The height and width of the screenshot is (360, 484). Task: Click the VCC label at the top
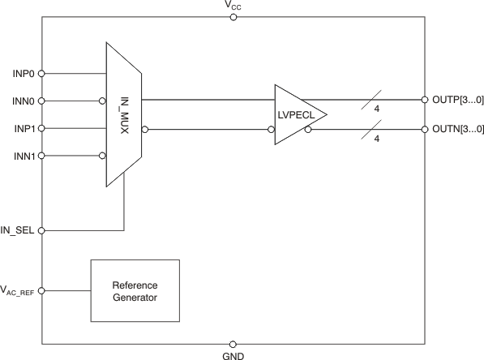233,6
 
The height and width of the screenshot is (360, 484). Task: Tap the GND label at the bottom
233,355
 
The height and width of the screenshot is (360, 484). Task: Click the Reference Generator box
135,291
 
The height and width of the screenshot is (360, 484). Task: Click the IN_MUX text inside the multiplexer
125,115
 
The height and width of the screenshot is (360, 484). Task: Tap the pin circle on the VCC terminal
233,17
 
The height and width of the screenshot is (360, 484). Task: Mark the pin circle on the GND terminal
233,344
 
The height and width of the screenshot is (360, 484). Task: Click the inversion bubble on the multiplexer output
145,128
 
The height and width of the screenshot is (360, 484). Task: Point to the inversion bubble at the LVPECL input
271,128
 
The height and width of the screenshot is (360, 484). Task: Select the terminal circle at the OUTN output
424,128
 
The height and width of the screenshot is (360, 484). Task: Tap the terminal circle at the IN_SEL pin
42,230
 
